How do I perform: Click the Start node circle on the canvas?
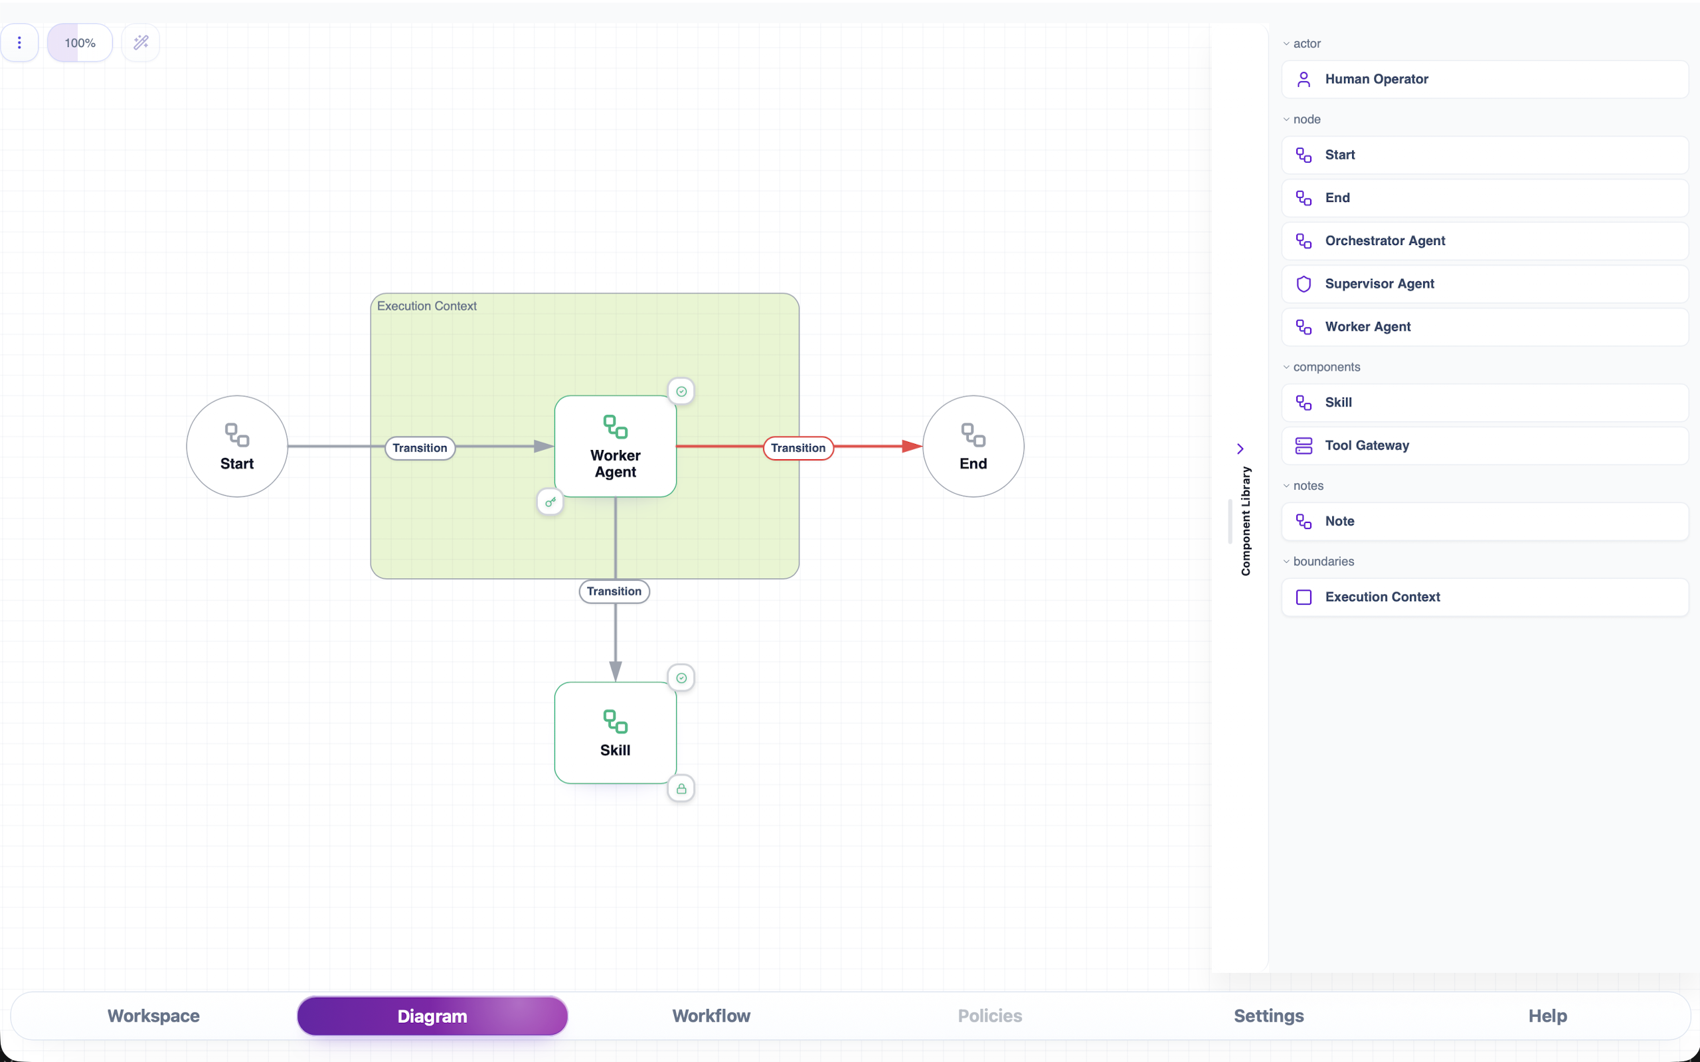(236, 446)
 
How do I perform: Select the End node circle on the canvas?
(973, 446)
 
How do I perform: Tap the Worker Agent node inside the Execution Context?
(616, 446)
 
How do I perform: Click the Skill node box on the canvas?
(616, 733)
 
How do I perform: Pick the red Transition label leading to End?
(798, 448)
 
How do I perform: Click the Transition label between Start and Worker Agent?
(420, 448)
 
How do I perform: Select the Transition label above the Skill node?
(614, 591)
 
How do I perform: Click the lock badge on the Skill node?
(681, 789)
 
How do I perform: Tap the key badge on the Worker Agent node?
(550, 502)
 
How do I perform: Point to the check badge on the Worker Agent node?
(681, 391)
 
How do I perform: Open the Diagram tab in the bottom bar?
(432, 1016)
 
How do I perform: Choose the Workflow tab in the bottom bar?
(711, 1016)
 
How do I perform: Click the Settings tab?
(1268, 1016)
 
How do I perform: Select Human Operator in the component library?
(1485, 80)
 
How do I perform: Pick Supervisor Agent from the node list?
(1485, 284)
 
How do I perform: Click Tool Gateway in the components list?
(1485, 445)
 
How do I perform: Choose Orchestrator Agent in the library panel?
(1485, 241)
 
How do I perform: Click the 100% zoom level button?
(80, 43)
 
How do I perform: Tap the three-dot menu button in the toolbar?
(19, 43)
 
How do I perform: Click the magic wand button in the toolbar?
(141, 43)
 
